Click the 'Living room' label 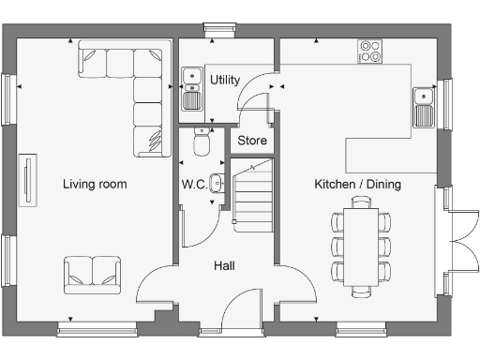95,185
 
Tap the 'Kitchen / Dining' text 357,185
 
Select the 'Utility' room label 225,80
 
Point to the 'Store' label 251,141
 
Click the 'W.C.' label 194,184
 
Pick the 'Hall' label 224,266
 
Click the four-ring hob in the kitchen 369,52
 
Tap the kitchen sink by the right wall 424,106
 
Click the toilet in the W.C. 199,142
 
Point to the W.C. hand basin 217,183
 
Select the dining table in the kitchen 360,247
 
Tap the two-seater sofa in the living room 92,273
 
